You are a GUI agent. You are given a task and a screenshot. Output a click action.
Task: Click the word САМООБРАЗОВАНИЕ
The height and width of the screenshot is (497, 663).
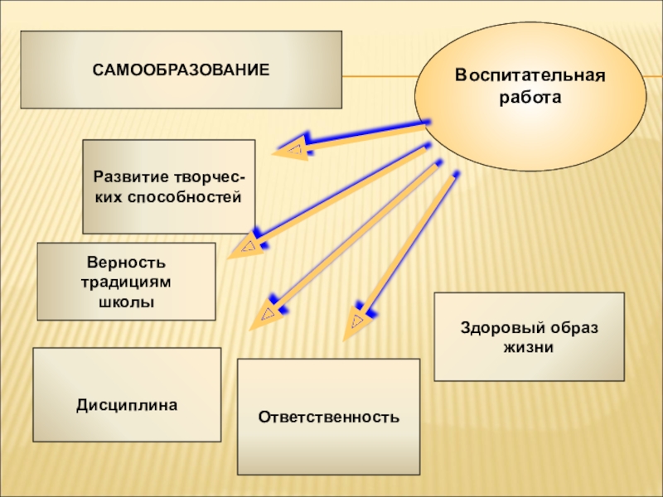point(181,70)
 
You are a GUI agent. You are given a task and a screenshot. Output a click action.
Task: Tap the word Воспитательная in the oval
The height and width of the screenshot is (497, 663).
point(530,75)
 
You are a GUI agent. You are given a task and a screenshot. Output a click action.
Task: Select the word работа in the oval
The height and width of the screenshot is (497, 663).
point(530,97)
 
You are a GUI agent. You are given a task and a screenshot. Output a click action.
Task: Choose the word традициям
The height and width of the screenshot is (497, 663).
point(127,282)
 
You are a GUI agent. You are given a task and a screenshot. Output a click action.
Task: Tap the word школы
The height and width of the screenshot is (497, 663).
point(127,302)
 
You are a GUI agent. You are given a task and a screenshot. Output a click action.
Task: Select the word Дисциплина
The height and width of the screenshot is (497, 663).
point(127,406)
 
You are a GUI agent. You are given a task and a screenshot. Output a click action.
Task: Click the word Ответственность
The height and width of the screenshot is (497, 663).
point(328,416)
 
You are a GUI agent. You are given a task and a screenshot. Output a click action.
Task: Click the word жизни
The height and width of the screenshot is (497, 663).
point(529,348)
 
